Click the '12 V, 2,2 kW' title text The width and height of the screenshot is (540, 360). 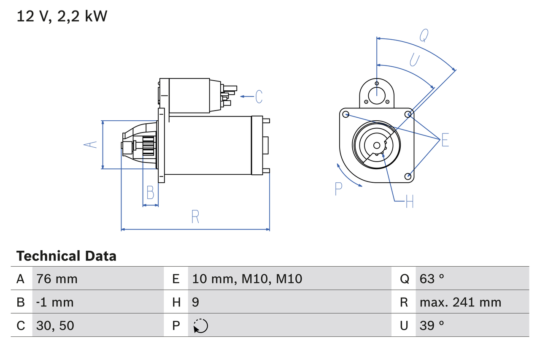pos(62,16)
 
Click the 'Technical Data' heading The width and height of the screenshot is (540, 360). pos(66,256)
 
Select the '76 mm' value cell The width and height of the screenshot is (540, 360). pos(57,279)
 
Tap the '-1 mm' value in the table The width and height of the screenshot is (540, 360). pos(55,302)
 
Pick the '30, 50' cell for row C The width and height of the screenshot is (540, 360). pos(55,325)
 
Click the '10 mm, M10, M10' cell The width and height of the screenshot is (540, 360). pos(247,279)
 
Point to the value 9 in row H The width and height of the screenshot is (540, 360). pos(196,302)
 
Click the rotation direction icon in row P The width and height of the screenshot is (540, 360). pos(200,326)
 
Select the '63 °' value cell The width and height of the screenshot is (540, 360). pos(432,279)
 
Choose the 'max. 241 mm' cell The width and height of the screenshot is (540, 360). pos(460,302)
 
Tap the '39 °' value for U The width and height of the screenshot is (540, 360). pos(432,325)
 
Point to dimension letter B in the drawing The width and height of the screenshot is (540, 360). pos(150,193)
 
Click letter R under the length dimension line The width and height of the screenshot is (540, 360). pos(195,217)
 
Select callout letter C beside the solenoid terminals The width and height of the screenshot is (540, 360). pos(259,97)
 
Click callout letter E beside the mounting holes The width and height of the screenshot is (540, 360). pos(445,140)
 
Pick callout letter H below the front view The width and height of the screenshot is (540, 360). pos(409,202)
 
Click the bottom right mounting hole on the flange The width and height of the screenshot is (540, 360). pos(408,176)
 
